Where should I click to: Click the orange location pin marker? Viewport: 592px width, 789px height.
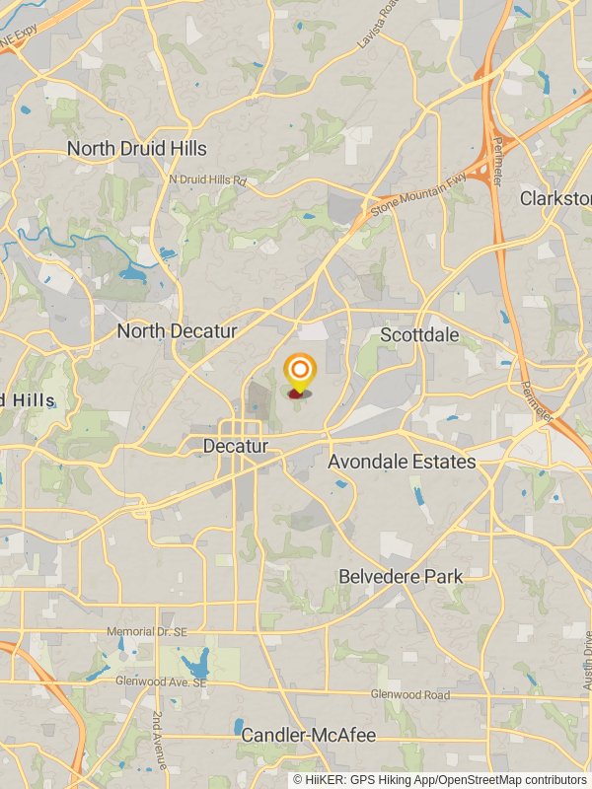click(299, 374)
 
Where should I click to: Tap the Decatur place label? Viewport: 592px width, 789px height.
click(235, 446)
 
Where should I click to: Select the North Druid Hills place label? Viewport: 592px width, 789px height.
click(137, 148)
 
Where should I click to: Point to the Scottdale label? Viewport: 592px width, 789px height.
click(419, 335)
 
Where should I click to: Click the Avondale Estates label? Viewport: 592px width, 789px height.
click(402, 462)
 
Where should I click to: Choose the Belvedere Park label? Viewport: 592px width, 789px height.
click(400, 576)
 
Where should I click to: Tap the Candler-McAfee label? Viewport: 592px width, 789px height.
click(309, 735)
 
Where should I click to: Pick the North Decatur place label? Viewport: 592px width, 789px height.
click(177, 331)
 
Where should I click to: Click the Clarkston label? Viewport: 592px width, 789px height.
click(555, 198)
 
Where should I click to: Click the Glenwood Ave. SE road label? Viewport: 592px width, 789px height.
click(162, 682)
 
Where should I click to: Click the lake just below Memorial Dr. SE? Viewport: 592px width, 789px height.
click(200, 659)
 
